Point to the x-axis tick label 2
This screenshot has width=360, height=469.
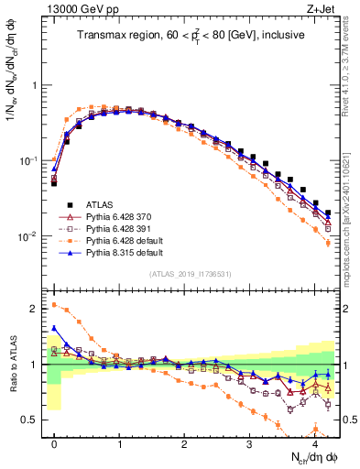[x=184, y=443]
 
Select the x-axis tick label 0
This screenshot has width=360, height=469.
[x=54, y=443]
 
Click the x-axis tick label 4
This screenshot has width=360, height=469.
[x=314, y=443]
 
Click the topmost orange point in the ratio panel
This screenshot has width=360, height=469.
[x=54, y=305]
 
